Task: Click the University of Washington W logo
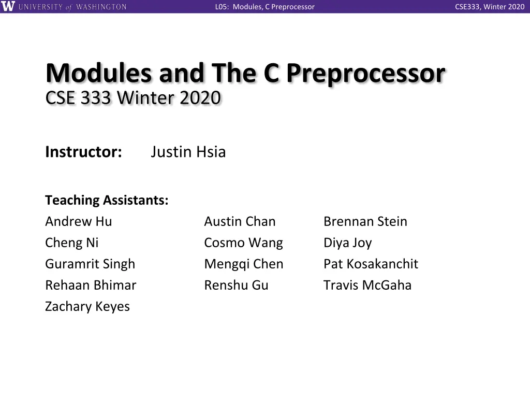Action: click(8, 7)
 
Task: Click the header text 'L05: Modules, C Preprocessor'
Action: click(264, 7)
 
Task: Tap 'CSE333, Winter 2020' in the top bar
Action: click(490, 7)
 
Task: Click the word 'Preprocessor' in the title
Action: click(365, 74)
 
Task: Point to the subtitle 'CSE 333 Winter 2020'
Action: click(133, 97)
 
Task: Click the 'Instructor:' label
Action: click(83, 152)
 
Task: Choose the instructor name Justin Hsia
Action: click(188, 152)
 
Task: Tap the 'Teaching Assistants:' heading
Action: click(107, 200)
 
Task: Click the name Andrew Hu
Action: click(79, 221)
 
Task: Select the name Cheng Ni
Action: click(72, 243)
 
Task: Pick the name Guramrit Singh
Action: click(90, 264)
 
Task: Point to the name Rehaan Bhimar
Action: click(91, 285)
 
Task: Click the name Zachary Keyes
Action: click(87, 306)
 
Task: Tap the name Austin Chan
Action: click(240, 221)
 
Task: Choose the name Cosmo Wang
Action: click(243, 243)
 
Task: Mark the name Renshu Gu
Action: click(236, 285)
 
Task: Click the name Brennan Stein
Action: click(365, 221)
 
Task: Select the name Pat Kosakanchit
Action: click(371, 264)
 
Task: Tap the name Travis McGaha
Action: click(367, 285)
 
